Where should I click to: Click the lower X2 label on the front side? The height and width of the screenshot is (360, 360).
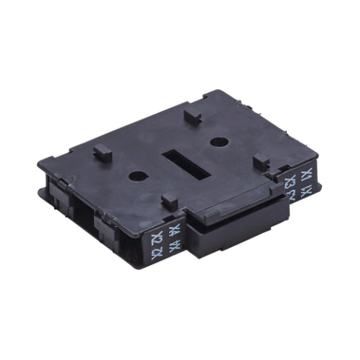click(x=156, y=253)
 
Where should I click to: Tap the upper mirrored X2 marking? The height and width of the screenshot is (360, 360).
click(x=156, y=239)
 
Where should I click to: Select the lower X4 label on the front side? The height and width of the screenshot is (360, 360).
click(x=175, y=246)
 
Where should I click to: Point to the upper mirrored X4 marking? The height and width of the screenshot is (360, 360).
click(x=175, y=231)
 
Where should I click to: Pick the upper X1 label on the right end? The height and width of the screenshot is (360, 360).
click(x=306, y=175)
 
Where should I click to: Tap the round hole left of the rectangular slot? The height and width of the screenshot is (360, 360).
click(x=137, y=175)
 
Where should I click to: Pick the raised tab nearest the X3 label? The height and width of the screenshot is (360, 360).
click(x=262, y=163)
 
